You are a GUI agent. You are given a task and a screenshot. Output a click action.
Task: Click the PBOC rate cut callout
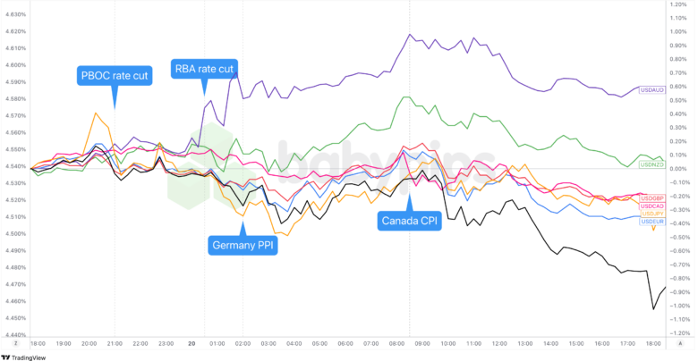[x=115, y=75]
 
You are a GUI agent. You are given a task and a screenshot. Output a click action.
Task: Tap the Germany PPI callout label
[x=243, y=243]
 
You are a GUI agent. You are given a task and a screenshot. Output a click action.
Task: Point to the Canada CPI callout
[x=409, y=220]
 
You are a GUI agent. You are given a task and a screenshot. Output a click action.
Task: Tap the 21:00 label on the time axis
[x=115, y=343]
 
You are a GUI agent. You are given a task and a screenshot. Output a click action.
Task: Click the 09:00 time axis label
[x=409, y=343]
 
